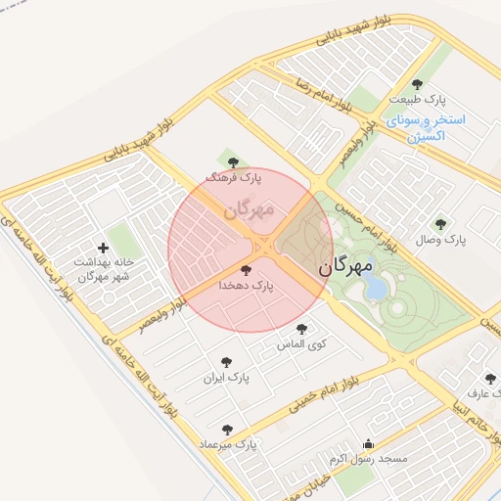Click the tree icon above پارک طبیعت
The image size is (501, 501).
coord(419,84)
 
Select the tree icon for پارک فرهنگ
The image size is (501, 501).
coord(232,162)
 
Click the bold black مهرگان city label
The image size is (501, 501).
coord(347,265)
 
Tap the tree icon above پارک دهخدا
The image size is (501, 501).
coord(245,269)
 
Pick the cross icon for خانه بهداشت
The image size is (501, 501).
coord(103,249)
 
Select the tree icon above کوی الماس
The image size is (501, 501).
coord(301,329)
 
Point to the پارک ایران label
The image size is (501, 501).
coord(227,377)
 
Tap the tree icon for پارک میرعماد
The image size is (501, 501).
coord(228,429)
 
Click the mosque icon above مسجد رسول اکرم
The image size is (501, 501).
coord(368,443)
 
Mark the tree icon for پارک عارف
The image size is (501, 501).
coord(490,379)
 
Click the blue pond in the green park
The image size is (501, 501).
coord(376,287)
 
